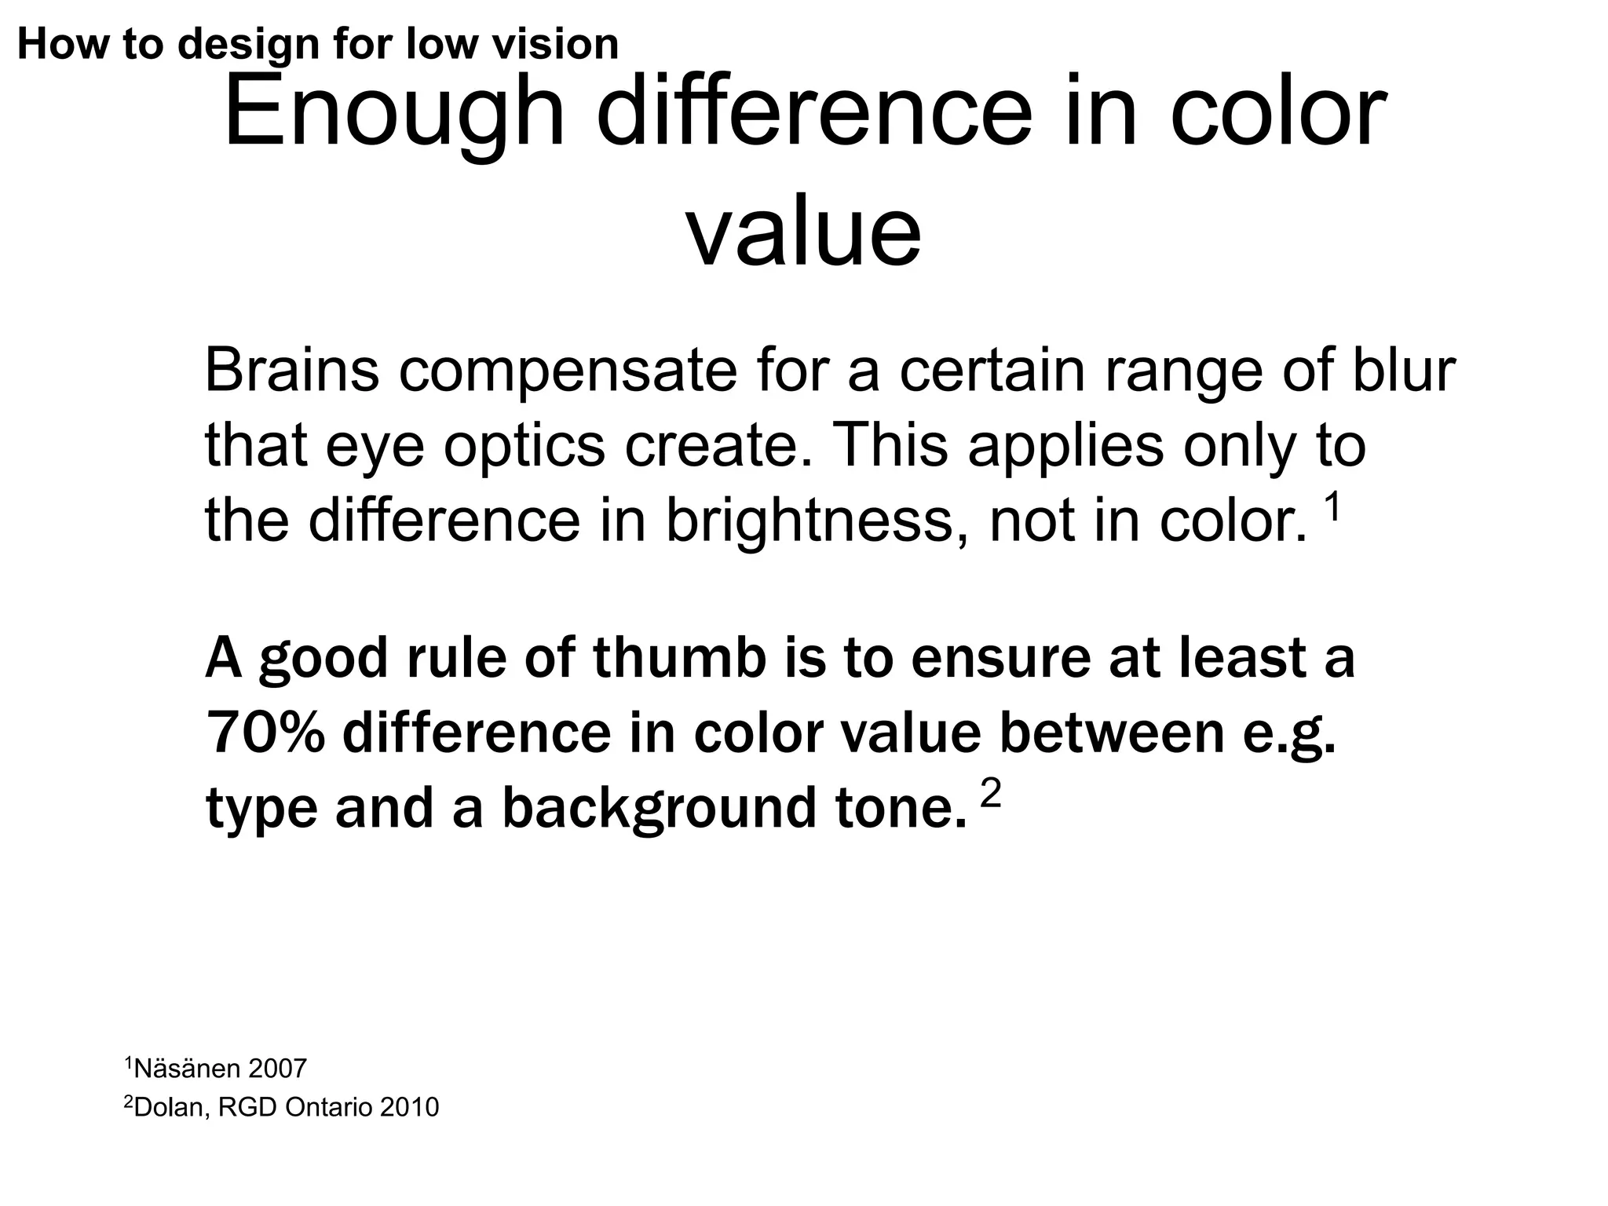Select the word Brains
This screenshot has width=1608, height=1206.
(x=292, y=371)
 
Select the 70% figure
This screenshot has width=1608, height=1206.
(x=265, y=733)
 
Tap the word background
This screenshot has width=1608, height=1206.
(x=660, y=809)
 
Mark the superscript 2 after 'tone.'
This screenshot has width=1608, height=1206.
(x=992, y=795)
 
